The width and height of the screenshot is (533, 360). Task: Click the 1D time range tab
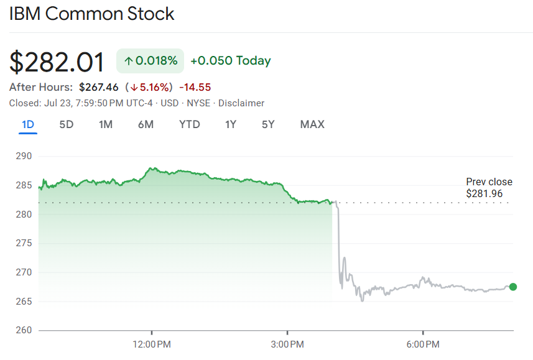[x=28, y=124]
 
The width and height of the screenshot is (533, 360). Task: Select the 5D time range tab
[x=67, y=124]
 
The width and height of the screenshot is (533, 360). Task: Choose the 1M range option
[x=106, y=124]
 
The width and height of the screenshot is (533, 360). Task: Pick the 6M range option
[x=146, y=124]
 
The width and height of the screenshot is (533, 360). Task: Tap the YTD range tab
[x=190, y=124]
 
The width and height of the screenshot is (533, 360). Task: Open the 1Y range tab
[x=231, y=124]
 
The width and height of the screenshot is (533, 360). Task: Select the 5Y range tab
[x=268, y=124]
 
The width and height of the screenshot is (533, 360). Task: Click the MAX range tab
[x=312, y=124]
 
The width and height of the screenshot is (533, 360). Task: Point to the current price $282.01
[x=57, y=62]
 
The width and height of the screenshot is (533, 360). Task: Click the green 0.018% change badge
[x=150, y=61]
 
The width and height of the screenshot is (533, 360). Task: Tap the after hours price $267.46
[x=98, y=87]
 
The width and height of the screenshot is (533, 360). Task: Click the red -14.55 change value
[x=195, y=87]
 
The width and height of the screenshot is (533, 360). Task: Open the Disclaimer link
[x=241, y=103]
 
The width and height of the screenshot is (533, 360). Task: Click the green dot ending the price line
[x=513, y=287]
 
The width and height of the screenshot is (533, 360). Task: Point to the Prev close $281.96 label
[x=489, y=188]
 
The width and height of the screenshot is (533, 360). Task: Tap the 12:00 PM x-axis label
[x=152, y=344]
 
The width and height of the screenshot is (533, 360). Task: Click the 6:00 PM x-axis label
[x=423, y=344]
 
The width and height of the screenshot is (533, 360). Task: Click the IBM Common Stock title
[x=91, y=14]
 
